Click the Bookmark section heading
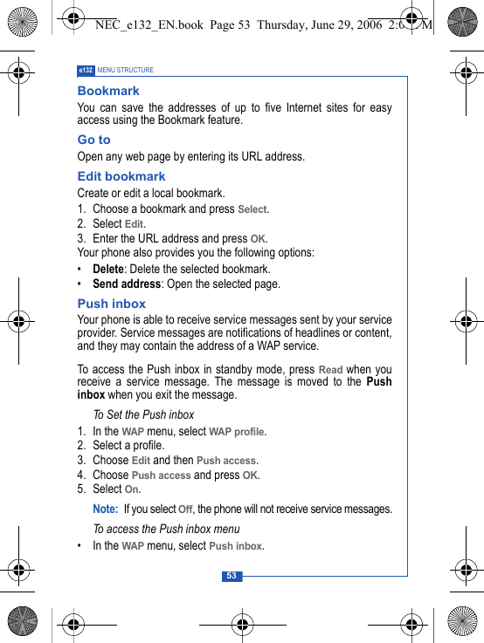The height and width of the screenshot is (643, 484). click(108, 91)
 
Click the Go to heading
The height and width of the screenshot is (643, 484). click(94, 140)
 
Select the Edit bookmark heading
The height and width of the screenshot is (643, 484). click(121, 176)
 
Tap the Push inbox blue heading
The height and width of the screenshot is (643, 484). click(112, 304)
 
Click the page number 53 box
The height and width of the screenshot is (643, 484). click(232, 576)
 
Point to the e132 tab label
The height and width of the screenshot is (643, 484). click(86, 70)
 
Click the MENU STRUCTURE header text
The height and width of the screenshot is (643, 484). click(126, 70)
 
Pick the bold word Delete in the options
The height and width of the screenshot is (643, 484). click(107, 270)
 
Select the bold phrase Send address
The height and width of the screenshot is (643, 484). click(127, 284)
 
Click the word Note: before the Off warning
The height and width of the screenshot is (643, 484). click(105, 509)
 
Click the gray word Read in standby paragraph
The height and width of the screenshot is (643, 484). click(330, 370)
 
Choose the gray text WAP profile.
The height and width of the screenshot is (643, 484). click(238, 432)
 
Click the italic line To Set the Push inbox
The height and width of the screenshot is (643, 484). click(143, 415)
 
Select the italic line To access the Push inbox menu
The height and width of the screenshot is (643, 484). click(166, 530)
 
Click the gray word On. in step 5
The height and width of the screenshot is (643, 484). click(133, 489)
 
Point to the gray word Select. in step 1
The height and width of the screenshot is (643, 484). click(253, 209)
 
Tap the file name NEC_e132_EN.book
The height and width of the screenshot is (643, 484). click(148, 25)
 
